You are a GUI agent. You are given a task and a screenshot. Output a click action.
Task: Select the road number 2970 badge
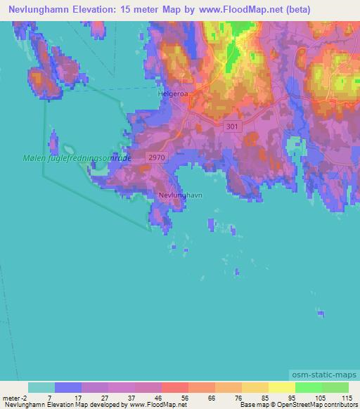tap(157, 160)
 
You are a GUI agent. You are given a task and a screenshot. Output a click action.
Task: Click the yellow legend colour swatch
tap(281, 387)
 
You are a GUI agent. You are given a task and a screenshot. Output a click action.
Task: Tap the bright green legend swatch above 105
tap(308, 387)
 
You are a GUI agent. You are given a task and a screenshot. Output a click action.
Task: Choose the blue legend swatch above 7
tap(68, 387)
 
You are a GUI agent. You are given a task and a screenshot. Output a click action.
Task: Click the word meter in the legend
tap(11, 397)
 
